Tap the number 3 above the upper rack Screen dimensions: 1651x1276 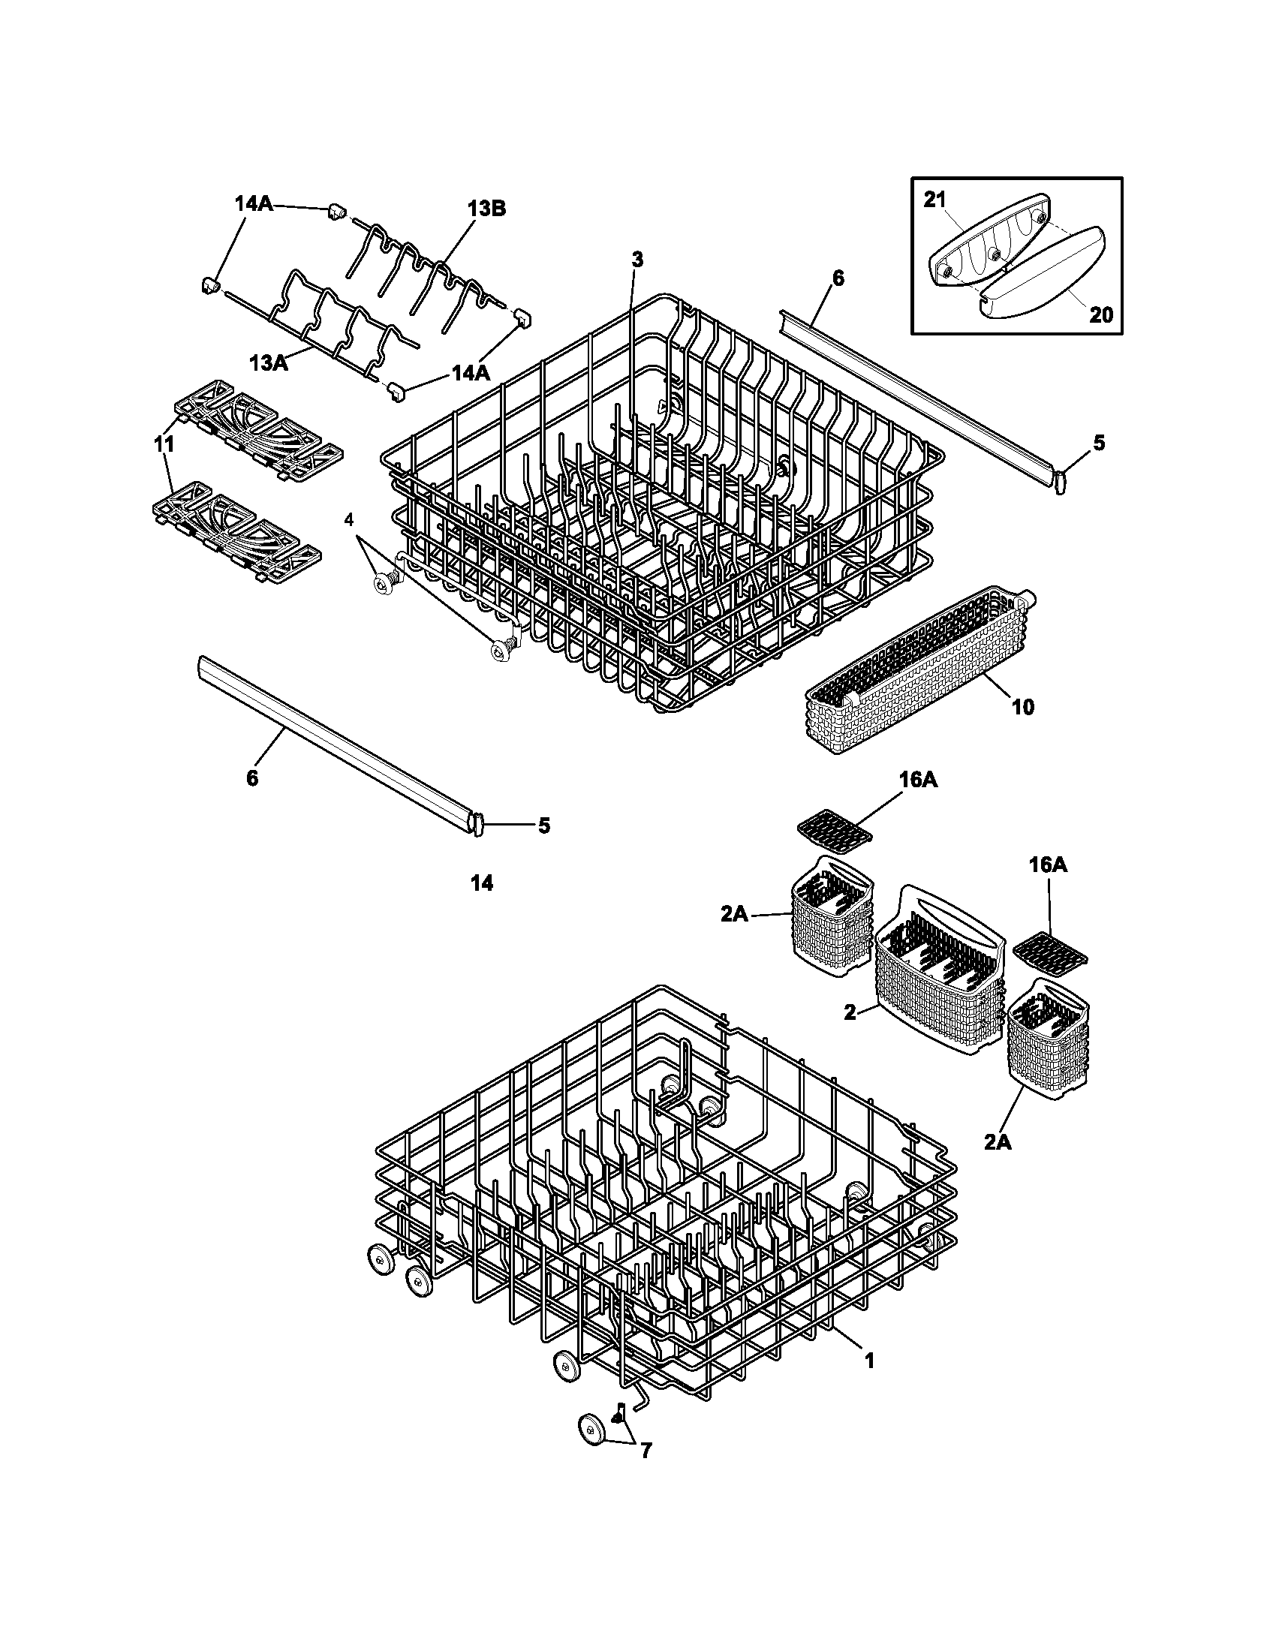pos(637,260)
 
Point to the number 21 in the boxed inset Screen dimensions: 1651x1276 pos(934,200)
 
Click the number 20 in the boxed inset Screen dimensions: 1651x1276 pos(1101,314)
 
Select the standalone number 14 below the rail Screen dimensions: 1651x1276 pos(482,883)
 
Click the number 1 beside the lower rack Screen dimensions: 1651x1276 pos(868,1361)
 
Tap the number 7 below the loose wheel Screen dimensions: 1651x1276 pos(646,1451)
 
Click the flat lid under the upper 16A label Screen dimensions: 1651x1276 pos(834,826)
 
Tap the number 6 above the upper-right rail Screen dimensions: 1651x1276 pos(838,278)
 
